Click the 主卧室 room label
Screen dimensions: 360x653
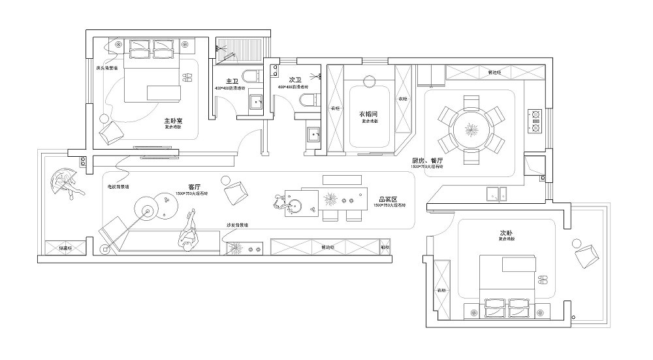click(x=173, y=121)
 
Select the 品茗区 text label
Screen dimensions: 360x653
click(x=387, y=199)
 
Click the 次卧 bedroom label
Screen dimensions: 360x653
click(x=506, y=233)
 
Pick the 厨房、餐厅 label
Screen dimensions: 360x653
click(x=428, y=161)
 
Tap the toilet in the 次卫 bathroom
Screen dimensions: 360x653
click(x=304, y=99)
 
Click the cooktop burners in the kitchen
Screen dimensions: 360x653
click(x=536, y=119)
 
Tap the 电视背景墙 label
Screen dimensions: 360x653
click(x=118, y=186)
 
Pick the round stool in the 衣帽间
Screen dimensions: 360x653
click(x=368, y=82)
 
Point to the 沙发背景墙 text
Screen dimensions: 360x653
click(x=236, y=225)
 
